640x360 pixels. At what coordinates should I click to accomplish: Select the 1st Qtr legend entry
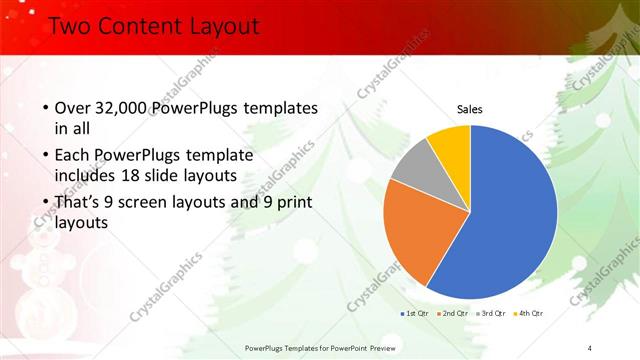point(415,314)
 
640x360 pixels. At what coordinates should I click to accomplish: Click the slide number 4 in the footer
point(590,347)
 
